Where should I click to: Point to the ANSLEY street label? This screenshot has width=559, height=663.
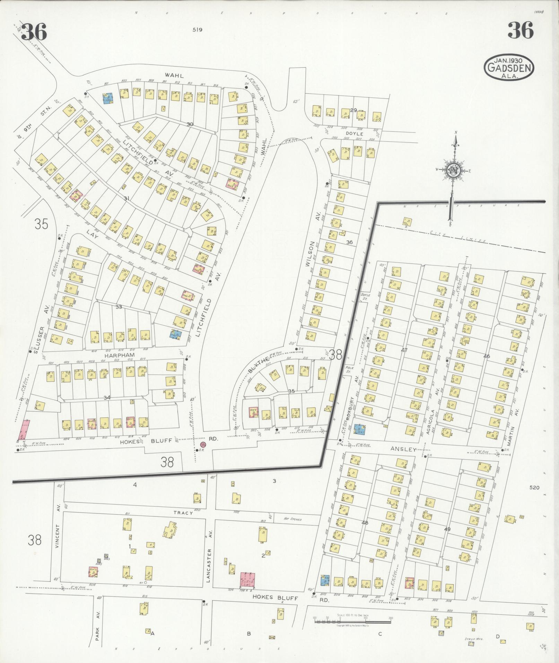coord(403,449)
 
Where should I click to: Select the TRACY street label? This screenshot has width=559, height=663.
coord(183,512)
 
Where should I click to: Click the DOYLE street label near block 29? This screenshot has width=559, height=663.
coord(354,133)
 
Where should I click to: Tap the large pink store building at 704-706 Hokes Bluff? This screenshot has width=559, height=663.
coord(248,580)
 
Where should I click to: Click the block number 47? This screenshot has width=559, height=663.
coord(404,350)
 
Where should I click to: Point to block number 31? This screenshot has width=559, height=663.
coord(126,198)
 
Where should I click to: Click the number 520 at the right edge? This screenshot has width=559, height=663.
coord(534,487)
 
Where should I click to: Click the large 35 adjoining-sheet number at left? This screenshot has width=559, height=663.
coord(41,224)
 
